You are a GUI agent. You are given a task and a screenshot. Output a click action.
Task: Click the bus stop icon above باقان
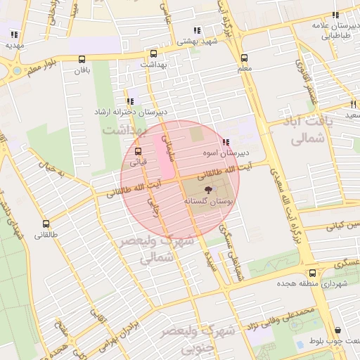pyautogui.click(x=83, y=59)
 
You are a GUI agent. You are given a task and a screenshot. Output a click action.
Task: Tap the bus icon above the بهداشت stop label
pyautogui.click(x=154, y=53)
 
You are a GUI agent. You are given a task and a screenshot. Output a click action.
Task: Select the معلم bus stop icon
pyautogui.click(x=244, y=58)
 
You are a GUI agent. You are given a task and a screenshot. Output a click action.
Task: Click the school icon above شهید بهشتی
pyautogui.click(x=198, y=30)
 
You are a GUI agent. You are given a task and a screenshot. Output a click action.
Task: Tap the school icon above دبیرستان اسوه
pyautogui.click(x=225, y=142)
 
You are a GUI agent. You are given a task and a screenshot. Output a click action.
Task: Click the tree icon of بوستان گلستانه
pyautogui.click(x=208, y=191)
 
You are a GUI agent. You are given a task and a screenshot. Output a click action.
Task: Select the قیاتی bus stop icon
pyautogui.click(x=137, y=150)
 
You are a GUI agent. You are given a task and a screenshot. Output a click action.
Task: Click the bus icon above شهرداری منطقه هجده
pyautogui.click(x=312, y=274)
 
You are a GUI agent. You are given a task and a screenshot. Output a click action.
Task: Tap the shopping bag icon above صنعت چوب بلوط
pyautogui.click(x=338, y=330)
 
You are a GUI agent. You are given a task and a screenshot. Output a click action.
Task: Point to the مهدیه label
pyautogui.click(x=15, y=45)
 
